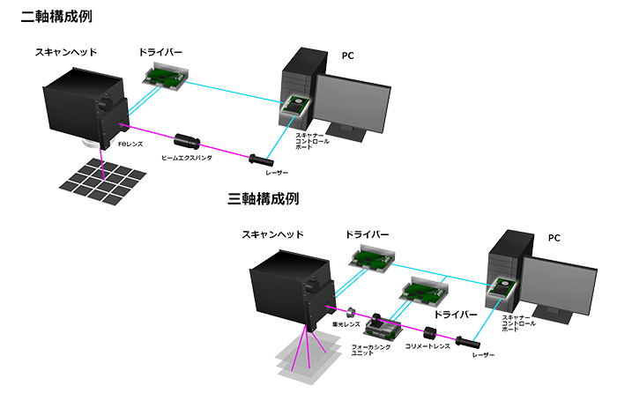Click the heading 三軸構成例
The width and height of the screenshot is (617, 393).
point(263,199)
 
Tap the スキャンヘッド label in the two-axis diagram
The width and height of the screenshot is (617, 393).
point(65,53)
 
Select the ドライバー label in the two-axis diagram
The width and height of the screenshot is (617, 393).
point(162,52)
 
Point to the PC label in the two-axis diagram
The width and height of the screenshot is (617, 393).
point(347,55)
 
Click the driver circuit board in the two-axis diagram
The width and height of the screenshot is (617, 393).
point(165,76)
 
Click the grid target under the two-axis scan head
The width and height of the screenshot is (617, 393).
point(102,181)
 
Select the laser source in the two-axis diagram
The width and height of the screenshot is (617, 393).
point(261,160)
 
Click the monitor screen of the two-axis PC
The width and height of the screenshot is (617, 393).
point(351,103)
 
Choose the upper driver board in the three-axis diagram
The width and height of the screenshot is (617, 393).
point(371,257)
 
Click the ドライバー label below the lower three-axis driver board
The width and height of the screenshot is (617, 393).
point(456,314)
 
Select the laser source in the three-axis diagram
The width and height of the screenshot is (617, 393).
point(468,340)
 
